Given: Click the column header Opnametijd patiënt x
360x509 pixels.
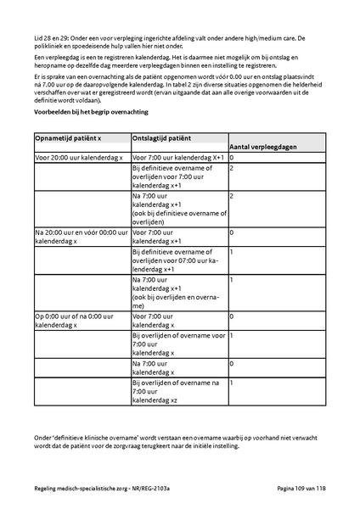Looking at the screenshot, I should point(68,137).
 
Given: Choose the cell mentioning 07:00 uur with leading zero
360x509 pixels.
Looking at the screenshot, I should point(177,259).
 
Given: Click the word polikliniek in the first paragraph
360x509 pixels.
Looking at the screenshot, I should point(53,48).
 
